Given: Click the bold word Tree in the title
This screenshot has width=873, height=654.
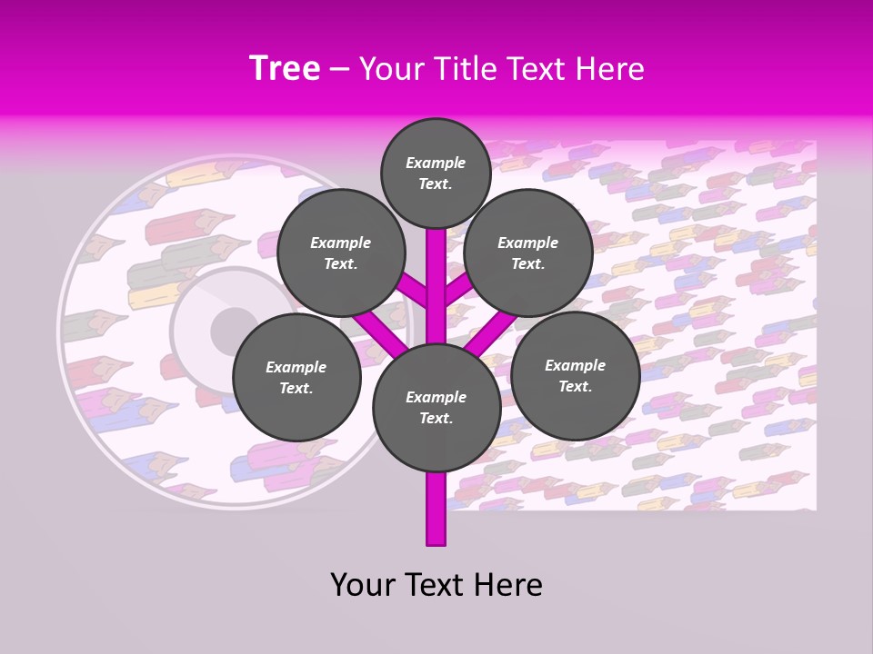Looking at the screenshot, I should pos(285,69).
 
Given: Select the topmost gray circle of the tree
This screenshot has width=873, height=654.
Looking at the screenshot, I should pos(436,173).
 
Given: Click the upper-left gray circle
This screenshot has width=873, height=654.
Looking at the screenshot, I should pos(340,253).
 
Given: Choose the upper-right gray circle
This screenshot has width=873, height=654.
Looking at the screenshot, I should pos(527,253).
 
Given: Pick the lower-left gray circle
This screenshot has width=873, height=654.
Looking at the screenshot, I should pos(296,378).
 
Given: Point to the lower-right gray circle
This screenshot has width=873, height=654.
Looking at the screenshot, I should pos(575,376).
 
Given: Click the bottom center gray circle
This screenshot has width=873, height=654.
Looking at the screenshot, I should pos(436,408).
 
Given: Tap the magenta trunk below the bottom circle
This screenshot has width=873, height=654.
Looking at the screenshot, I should pos(436,509).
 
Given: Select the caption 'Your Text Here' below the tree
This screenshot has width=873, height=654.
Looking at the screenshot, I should pos(436,585).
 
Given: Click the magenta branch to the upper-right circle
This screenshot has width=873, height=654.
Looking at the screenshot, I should pos(459,289).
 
